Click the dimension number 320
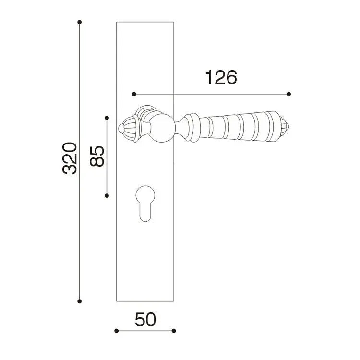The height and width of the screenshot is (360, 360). pyautogui.click(x=70, y=158)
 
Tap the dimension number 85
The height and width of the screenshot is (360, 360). pyautogui.click(x=97, y=156)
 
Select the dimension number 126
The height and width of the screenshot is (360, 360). pyautogui.click(x=221, y=77)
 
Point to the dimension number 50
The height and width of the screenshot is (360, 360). pyautogui.click(x=145, y=319)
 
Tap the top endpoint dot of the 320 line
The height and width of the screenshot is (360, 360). pyautogui.click(x=79, y=22)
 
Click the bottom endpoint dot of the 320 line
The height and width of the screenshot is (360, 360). pyautogui.click(x=79, y=301)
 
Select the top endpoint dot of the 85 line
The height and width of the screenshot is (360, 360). pyautogui.click(x=107, y=118)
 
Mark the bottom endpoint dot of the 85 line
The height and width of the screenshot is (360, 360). pyautogui.click(x=107, y=196)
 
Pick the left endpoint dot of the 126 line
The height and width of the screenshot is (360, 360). pyautogui.click(x=134, y=94)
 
